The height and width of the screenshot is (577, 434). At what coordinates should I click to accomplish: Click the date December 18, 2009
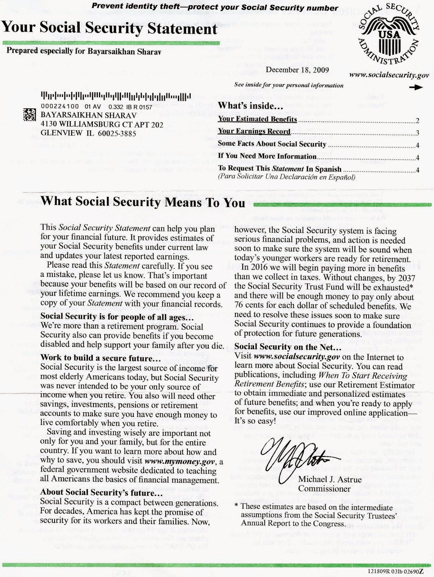coord(297,70)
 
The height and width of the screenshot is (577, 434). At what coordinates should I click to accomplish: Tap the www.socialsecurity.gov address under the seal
coord(389,75)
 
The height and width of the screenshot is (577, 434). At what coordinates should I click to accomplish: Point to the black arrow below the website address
coord(418,88)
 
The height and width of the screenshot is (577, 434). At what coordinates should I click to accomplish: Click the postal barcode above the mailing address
coord(116,97)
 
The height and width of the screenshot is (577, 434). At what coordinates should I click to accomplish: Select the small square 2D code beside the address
coord(30,115)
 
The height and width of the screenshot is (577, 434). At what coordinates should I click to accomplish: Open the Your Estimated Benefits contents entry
coord(257,119)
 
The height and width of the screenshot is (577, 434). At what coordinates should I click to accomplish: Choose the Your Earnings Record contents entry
coord(254,131)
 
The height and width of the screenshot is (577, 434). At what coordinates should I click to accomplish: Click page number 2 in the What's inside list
coord(417,121)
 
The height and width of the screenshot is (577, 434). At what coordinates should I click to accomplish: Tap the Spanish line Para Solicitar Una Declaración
coord(286,177)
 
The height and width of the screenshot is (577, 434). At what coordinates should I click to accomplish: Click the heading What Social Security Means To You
coord(143,202)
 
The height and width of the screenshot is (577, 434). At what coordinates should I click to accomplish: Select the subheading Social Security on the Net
coord(287,347)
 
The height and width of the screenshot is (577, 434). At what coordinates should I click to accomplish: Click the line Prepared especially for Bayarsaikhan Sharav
coord(84,50)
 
